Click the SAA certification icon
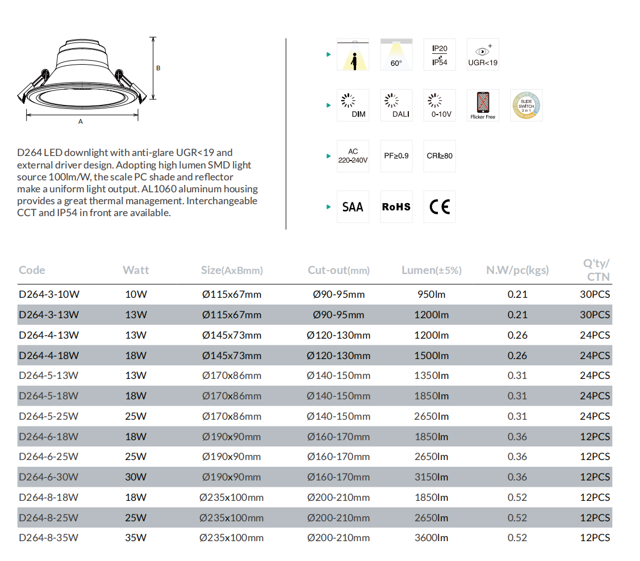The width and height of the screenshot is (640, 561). coord(353,207)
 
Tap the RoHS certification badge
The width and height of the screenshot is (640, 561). coord(396,207)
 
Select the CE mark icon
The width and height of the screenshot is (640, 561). coord(440,207)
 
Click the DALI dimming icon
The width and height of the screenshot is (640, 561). coord(396,106)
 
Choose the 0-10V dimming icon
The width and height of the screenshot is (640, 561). coord(440,106)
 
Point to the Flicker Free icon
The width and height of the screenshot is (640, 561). coord(483,106)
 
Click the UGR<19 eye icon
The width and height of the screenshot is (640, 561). coord(483,54)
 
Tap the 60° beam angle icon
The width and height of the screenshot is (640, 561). coord(396,54)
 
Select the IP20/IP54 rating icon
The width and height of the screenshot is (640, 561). coord(440,54)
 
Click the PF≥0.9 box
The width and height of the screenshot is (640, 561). coord(396,156)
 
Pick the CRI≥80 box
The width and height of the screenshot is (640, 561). coord(440,156)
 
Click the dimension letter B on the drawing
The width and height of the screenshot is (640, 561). coord(158,69)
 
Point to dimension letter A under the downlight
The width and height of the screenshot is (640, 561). coord(81,122)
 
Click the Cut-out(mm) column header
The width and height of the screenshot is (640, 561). coord(338,271)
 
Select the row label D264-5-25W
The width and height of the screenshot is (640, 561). coord(48,416)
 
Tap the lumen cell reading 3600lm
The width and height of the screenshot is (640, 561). coord(432,538)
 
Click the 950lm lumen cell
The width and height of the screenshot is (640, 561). coord(432,294)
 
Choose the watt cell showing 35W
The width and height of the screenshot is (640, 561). coord(136,538)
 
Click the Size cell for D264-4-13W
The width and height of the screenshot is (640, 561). coord(232,335)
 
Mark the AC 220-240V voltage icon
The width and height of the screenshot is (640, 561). coord(353,156)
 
